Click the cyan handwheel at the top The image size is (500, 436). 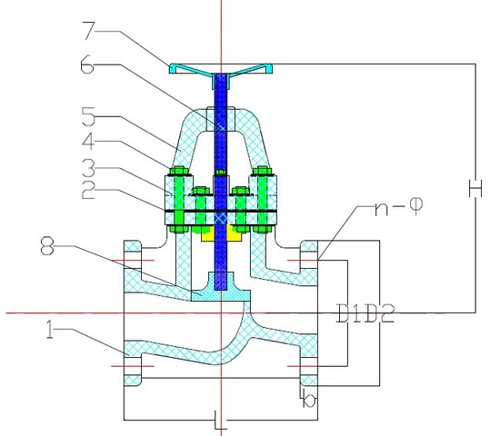pos(220,68)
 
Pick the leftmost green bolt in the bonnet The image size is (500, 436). pos(175,198)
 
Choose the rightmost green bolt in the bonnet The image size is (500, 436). pos(265,198)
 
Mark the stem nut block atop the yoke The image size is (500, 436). pos(220,119)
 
